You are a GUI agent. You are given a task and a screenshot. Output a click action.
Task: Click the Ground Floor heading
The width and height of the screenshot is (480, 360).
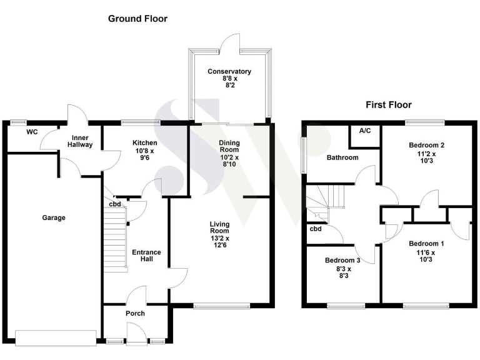click(x=137, y=19)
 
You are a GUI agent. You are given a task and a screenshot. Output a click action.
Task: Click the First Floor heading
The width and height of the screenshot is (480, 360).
click(x=388, y=105)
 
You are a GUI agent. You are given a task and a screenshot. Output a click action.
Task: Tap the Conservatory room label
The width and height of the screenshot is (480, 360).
click(x=229, y=72)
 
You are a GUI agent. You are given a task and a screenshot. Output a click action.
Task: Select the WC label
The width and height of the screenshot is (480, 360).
click(x=32, y=132)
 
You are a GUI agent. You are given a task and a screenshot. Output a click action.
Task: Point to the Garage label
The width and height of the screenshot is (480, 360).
click(x=54, y=217)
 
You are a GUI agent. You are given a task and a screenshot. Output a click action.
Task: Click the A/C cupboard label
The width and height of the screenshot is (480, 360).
click(x=365, y=131)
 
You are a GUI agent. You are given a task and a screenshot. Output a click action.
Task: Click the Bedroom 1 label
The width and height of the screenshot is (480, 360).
click(x=426, y=243)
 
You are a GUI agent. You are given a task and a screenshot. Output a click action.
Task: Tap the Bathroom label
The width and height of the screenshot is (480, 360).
click(x=342, y=157)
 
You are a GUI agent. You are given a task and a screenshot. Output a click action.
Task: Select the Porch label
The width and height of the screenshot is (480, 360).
click(x=135, y=313)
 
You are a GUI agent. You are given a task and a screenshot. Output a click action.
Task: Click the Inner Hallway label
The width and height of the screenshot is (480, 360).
click(x=82, y=141)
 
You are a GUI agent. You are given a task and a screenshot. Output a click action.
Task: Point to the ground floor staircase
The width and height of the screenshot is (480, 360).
click(x=114, y=237)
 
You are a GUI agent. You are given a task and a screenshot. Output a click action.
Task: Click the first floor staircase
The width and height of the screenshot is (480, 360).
click(x=325, y=200)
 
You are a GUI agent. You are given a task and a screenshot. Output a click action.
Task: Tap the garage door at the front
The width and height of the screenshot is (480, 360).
click(x=56, y=338)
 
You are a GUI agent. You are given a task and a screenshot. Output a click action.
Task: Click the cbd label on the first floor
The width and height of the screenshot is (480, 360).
click(x=316, y=229)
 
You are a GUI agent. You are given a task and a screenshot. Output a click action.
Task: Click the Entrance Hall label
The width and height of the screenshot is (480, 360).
click(x=146, y=256)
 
